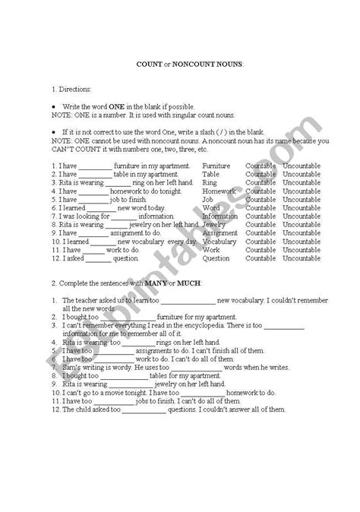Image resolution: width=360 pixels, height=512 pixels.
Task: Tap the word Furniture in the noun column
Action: pyautogui.click(x=216, y=164)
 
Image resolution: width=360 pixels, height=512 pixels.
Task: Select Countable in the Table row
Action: pyautogui.click(x=261, y=173)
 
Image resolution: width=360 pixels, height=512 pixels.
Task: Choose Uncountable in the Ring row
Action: pyautogui.click(x=302, y=183)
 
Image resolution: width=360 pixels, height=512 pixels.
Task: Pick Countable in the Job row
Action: pyautogui.click(x=261, y=202)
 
